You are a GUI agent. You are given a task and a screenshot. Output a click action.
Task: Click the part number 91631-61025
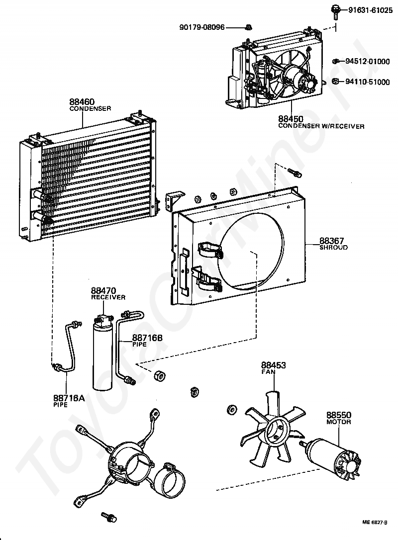click(x=371, y=10)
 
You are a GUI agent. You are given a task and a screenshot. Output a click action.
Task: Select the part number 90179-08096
click(x=201, y=27)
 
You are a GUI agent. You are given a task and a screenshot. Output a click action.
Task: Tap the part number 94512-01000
click(x=368, y=62)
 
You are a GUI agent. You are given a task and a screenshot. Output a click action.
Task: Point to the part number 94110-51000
click(x=368, y=82)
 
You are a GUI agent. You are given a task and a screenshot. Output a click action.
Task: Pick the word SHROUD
click(x=333, y=247)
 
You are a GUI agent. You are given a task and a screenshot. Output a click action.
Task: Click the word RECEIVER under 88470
click(x=108, y=297)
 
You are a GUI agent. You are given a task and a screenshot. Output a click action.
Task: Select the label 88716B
click(x=147, y=338)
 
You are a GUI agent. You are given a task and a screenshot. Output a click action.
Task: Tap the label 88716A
click(x=69, y=398)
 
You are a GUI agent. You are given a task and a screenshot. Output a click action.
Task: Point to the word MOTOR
click(x=338, y=422)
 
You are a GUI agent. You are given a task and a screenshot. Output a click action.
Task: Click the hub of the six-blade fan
click(x=278, y=432)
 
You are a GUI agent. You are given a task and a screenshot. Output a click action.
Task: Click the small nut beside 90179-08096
click(x=249, y=26)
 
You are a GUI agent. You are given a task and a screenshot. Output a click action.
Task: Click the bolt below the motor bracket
click(x=108, y=517)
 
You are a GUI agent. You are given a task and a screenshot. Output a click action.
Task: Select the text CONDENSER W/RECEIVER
click(x=321, y=126)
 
